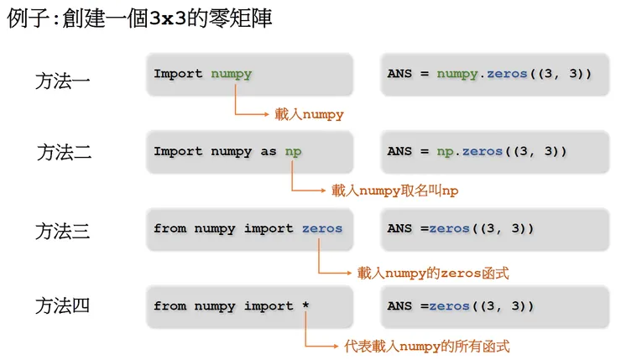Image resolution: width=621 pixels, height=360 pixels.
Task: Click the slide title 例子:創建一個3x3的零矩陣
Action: (139, 18)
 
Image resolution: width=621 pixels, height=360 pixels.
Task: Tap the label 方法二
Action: (64, 153)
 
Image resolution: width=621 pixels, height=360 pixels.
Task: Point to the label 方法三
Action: (63, 230)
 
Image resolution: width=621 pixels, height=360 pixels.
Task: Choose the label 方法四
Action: (63, 306)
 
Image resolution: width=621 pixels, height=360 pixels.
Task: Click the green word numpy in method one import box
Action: (231, 74)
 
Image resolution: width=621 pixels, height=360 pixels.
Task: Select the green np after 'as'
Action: (293, 152)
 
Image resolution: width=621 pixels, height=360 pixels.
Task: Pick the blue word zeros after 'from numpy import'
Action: (322, 228)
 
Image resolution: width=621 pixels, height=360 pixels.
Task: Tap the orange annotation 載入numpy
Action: (309, 114)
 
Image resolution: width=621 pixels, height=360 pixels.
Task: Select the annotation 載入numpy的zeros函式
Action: (433, 273)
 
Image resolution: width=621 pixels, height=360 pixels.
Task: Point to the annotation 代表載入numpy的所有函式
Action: (426, 345)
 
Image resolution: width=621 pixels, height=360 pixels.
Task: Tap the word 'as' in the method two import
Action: (268, 152)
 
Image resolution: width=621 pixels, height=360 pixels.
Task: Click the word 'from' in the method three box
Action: (170, 228)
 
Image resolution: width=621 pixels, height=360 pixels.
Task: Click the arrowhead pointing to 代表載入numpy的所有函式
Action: (337, 345)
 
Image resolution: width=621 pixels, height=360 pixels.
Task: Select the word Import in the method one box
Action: (178, 74)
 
